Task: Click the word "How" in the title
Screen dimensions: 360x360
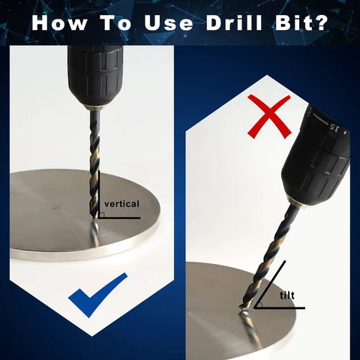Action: (59, 23)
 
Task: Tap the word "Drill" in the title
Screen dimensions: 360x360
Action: (234, 22)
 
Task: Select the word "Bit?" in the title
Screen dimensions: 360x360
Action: (302, 22)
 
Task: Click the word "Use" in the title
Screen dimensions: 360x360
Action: (169, 23)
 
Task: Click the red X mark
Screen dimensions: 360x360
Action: (269, 117)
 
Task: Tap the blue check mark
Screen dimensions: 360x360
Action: (97, 295)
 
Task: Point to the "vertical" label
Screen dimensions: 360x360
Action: (121, 204)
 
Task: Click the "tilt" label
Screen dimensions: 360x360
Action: (287, 295)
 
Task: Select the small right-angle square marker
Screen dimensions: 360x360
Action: (102, 215)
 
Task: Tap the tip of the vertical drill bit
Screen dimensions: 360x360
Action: (94, 218)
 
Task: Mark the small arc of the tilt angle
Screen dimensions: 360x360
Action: (261, 304)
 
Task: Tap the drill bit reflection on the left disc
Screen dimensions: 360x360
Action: (95, 234)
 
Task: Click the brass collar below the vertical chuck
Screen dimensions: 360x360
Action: (94, 107)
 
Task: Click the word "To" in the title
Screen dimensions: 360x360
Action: (116, 23)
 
